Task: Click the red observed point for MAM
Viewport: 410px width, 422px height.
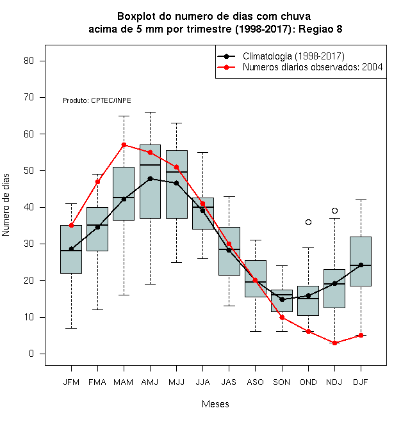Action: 124,145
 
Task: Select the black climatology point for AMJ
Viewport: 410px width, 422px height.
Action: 151,178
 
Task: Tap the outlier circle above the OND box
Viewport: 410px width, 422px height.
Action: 308,222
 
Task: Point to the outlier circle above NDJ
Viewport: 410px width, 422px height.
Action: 335,210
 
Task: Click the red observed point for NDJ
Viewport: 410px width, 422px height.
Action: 335,343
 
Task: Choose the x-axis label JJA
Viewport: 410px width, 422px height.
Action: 202,382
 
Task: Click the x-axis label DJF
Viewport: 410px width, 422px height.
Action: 361,382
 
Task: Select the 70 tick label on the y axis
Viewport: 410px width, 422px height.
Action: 29,97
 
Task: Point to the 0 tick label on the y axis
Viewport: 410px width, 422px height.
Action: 31,354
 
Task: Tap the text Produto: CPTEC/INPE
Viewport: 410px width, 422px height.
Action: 97,100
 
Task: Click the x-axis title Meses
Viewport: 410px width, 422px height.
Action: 215,403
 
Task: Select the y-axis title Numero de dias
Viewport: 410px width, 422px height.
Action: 6,205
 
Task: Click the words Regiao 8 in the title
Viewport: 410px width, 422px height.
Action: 320,29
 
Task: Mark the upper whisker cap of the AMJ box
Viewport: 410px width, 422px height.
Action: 151,112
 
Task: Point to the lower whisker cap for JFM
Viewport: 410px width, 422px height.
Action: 71,328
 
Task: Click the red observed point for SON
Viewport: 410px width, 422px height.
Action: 282,318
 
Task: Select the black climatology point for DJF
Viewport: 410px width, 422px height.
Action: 361,265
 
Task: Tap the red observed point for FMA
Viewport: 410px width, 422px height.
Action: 97,182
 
